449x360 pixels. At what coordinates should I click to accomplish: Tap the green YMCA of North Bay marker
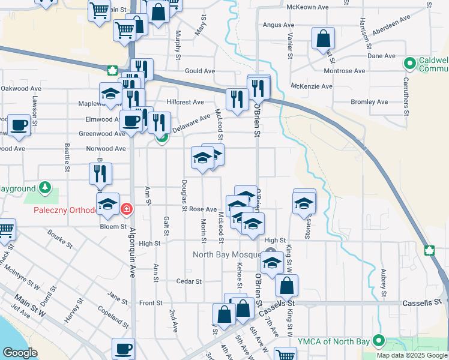pyautogui.click(x=378, y=341)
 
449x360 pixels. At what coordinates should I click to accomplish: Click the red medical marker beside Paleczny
pyautogui.click(x=127, y=209)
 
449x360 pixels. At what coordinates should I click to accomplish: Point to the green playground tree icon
pyautogui.click(x=45, y=188)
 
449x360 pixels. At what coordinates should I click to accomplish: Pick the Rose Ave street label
pyautogui.click(x=203, y=209)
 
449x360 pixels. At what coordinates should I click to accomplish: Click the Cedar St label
pyautogui.click(x=189, y=281)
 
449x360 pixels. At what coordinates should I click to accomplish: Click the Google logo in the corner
pyautogui.click(x=20, y=353)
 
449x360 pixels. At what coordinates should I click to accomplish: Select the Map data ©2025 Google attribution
pyautogui.click(x=411, y=355)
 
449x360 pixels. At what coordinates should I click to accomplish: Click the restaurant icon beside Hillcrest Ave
pyautogui.click(x=237, y=100)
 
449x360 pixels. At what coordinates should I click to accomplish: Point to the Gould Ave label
pyautogui.click(x=200, y=71)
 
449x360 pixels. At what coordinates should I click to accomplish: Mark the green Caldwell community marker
pyautogui.click(x=411, y=62)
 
